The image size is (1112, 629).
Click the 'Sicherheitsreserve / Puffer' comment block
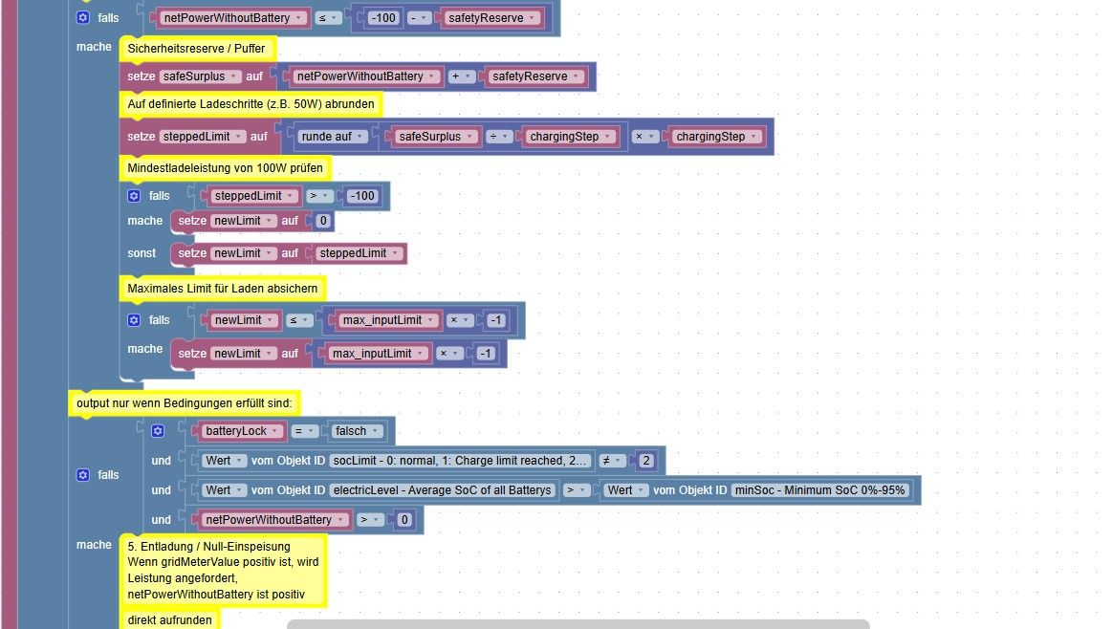pyautogui.click(x=197, y=48)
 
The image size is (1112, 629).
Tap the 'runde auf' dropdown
pyautogui.click(x=332, y=136)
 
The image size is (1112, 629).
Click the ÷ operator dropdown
pyautogui.click(x=499, y=136)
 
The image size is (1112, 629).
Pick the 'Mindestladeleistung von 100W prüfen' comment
pyautogui.click(x=225, y=168)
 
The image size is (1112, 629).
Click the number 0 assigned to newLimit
pyautogui.click(x=323, y=221)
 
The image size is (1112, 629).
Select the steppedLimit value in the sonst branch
pyautogui.click(x=359, y=253)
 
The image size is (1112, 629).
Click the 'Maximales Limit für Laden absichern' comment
pyautogui.click(x=223, y=289)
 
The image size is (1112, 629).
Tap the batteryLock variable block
pyautogui.click(x=242, y=431)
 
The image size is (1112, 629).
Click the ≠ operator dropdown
pyautogui.click(x=612, y=461)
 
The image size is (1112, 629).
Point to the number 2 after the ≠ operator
pyautogui.click(x=646, y=461)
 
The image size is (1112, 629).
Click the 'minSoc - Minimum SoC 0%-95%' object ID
pyautogui.click(x=819, y=490)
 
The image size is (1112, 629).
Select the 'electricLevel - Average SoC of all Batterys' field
pyautogui.click(x=443, y=490)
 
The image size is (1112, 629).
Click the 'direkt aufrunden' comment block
pyautogui.click(x=169, y=619)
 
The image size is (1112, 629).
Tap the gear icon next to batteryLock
pyautogui.click(x=158, y=431)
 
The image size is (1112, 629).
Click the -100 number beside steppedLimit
pyautogui.click(x=362, y=196)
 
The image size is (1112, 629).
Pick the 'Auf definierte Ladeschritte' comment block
pyautogui.click(x=251, y=104)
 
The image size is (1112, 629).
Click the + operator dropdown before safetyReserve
pyautogui.click(x=461, y=76)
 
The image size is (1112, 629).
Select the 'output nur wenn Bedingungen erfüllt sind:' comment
pyautogui.click(x=185, y=403)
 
